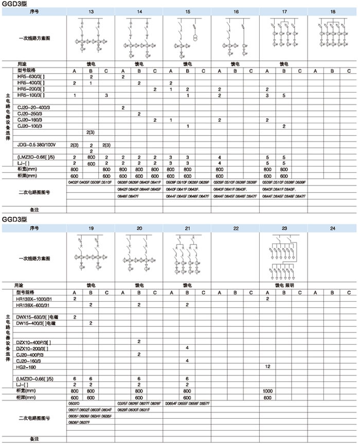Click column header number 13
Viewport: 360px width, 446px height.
91,11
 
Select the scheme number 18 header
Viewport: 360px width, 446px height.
333,11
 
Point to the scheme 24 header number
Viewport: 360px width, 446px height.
333,227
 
